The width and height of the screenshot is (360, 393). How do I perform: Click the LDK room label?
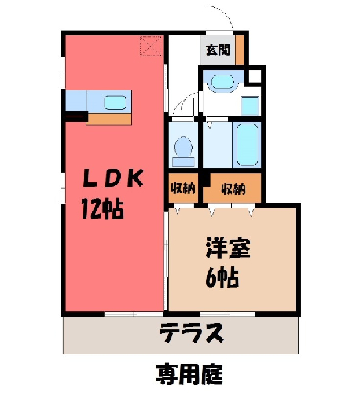(113, 178)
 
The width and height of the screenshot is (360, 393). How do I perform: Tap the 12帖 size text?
(102, 209)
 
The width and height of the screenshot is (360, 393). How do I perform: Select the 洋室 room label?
(228, 248)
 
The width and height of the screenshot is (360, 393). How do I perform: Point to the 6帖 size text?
(222, 277)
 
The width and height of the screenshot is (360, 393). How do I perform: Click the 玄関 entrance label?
(218, 50)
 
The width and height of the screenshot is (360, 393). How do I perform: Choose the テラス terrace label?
(192, 332)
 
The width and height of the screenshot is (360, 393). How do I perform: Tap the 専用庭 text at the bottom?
(189, 374)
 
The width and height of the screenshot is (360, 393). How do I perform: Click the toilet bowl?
(183, 151)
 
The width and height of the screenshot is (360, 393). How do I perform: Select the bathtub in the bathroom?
(248, 145)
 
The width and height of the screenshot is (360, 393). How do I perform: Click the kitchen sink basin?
(116, 102)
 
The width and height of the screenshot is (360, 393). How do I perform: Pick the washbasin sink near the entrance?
(222, 82)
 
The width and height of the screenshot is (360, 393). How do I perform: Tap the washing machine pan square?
(250, 106)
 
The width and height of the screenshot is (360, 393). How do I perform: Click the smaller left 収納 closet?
(183, 188)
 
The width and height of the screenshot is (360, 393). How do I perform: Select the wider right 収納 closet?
(232, 188)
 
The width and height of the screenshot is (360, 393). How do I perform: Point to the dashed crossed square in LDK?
(150, 46)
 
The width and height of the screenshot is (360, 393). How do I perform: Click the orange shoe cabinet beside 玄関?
(240, 50)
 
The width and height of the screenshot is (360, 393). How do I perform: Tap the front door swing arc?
(222, 13)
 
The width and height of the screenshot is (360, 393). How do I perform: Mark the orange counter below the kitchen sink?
(109, 119)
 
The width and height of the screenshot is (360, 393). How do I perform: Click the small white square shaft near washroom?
(255, 76)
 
